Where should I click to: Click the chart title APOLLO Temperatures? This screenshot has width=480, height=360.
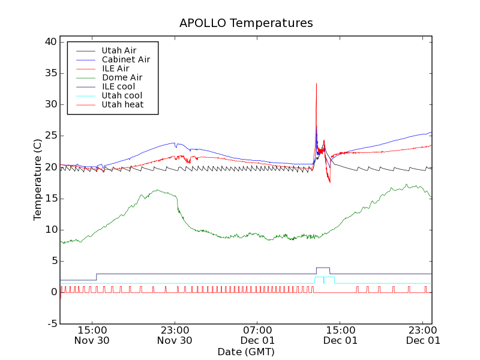point(246,23)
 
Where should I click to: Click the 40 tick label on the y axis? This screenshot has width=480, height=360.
point(50,42)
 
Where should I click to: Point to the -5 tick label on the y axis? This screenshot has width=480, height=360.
point(52,323)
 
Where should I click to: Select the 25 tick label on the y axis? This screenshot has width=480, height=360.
point(50,136)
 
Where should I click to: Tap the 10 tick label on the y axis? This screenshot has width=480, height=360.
point(50,230)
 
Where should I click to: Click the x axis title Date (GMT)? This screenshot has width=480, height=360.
point(246,352)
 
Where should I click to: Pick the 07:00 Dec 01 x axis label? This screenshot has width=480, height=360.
point(257,335)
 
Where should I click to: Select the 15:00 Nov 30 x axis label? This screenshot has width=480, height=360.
point(92,335)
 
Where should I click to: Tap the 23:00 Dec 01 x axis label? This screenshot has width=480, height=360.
point(423,335)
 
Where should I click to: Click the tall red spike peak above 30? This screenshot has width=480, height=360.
point(316,84)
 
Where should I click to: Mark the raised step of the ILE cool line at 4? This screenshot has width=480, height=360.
point(323,268)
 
